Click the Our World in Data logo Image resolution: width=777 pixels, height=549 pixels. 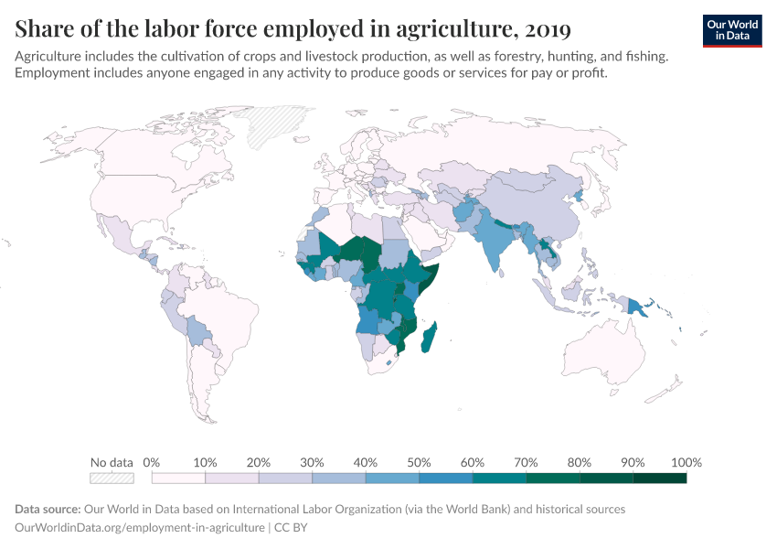[x=732, y=30]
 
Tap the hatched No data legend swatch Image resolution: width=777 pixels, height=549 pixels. [x=112, y=478]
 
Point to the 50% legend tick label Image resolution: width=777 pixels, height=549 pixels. [x=419, y=462]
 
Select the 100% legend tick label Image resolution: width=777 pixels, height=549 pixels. [x=686, y=462]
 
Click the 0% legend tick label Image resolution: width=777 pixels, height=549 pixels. [x=152, y=462]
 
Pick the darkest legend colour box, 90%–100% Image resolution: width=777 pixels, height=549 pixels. [x=659, y=478]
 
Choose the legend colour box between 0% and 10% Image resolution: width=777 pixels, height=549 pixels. [x=178, y=478]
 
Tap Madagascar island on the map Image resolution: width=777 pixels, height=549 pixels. [x=430, y=337]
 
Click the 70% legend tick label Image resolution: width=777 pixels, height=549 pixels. [x=526, y=462]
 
